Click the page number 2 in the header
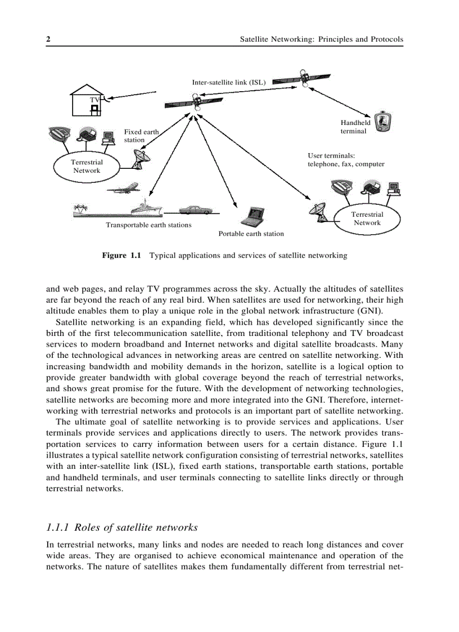(48, 39)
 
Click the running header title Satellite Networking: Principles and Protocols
(322, 39)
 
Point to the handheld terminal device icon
(384, 122)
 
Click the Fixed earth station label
(141, 136)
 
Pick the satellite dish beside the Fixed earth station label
(139, 158)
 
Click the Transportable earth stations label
(148, 225)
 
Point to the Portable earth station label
(251, 234)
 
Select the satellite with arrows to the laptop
(195, 102)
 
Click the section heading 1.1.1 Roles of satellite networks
(121, 527)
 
